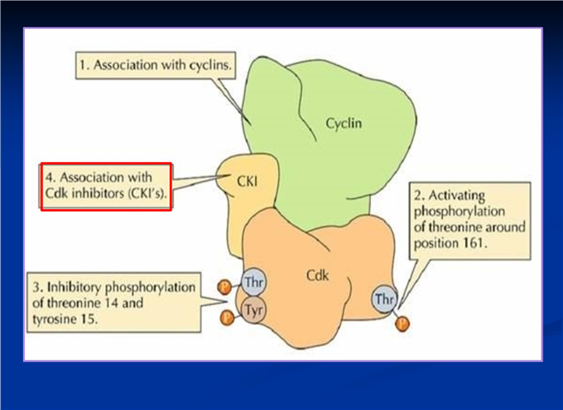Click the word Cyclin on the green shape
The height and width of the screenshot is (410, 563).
click(344, 123)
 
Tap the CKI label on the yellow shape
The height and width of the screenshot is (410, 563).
click(247, 181)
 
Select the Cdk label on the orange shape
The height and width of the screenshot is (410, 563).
click(317, 276)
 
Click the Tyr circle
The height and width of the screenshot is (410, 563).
click(254, 310)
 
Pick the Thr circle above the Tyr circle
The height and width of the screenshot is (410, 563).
click(254, 282)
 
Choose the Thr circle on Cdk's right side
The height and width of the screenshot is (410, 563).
click(384, 299)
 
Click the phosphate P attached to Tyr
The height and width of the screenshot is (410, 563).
click(227, 318)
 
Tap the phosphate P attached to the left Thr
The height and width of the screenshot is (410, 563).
click(224, 287)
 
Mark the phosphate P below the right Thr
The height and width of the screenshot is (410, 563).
click(402, 324)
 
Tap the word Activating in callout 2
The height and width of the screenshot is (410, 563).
click(456, 196)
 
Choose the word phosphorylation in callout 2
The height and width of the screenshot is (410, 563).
click(459, 212)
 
